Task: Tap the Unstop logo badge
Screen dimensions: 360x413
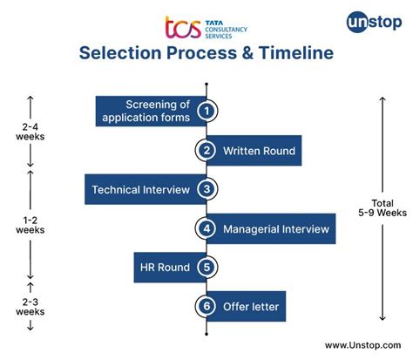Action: coord(368,22)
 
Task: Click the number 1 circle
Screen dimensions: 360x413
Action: coord(206,111)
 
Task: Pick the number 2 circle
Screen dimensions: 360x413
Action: coord(206,151)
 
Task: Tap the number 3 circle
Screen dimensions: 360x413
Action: coord(206,189)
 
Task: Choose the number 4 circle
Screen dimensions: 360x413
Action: coord(206,229)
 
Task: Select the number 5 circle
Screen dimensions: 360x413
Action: coord(206,268)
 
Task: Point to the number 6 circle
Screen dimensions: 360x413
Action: coord(206,307)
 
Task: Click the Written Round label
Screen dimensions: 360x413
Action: coord(259,151)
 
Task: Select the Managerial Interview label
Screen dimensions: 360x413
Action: coord(275,229)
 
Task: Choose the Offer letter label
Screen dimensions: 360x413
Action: coord(250,307)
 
